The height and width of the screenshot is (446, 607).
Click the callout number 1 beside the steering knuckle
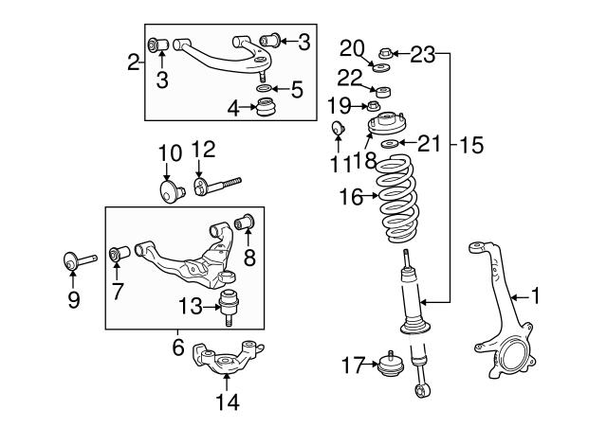click(535, 296)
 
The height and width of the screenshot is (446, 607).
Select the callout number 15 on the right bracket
click(471, 145)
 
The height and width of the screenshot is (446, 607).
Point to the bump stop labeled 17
click(391, 365)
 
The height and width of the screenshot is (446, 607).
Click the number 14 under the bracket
click(228, 401)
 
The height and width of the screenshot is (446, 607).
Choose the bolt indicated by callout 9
click(80, 260)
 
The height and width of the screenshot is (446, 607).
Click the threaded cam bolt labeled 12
click(217, 187)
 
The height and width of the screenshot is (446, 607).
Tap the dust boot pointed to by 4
click(267, 108)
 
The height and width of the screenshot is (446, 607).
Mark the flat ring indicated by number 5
click(264, 89)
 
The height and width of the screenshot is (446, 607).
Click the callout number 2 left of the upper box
click(134, 62)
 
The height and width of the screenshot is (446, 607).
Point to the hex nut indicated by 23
click(386, 53)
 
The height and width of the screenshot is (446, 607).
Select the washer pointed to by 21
click(390, 144)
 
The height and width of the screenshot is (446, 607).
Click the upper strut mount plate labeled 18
click(386, 124)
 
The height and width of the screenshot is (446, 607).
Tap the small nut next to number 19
click(373, 105)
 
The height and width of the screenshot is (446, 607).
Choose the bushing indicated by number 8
click(245, 222)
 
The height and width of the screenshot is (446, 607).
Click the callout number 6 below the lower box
click(178, 347)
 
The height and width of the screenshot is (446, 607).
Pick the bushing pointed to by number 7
click(120, 253)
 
